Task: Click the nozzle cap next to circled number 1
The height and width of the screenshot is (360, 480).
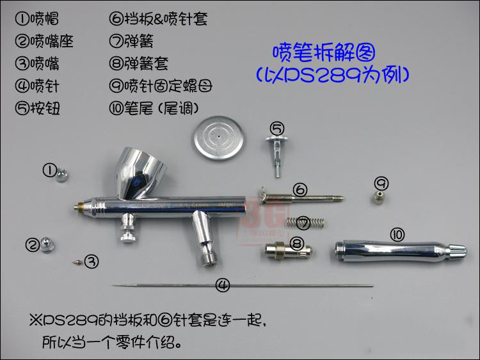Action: [61, 175]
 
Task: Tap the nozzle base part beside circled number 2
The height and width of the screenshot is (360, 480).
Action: [49, 244]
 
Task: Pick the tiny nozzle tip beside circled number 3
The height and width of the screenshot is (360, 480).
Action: [76, 261]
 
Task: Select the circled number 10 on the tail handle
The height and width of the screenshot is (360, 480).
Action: [397, 235]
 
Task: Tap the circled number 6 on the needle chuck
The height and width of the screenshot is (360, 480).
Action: [300, 189]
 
